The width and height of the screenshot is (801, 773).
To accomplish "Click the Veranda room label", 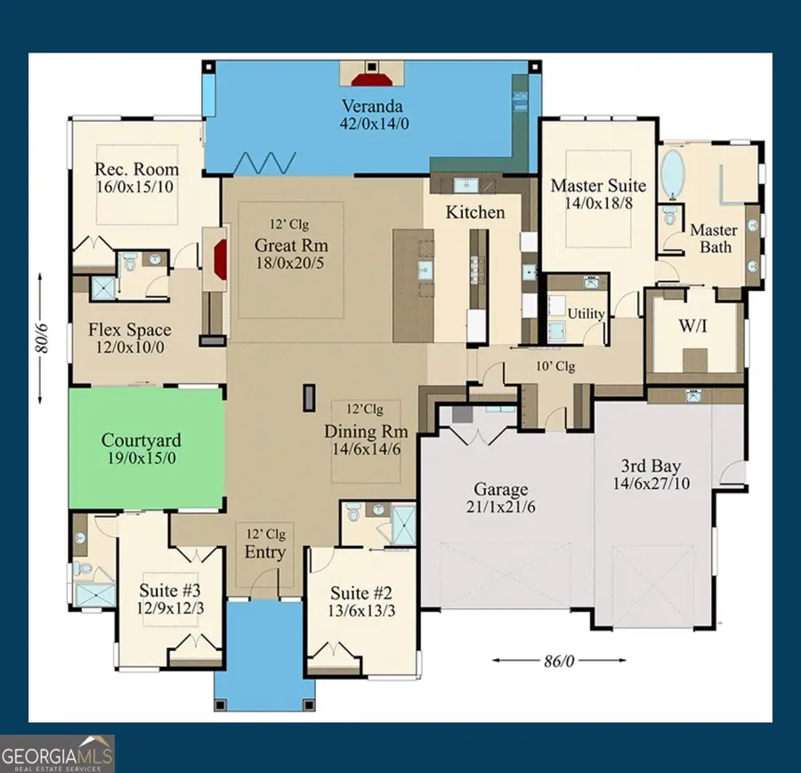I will (x=373, y=105).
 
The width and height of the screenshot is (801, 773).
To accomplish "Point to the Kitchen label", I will (x=475, y=212).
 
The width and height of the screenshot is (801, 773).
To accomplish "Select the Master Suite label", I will (x=598, y=185).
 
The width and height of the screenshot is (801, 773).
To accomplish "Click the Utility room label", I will (x=586, y=313).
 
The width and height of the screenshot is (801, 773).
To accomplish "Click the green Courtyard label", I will (x=141, y=440).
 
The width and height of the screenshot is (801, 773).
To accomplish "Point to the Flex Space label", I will (x=129, y=330).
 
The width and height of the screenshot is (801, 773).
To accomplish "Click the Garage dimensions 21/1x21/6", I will (x=501, y=508).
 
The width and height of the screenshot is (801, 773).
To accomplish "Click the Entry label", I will (x=265, y=552).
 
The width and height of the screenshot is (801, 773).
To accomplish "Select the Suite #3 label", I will (x=169, y=590).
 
